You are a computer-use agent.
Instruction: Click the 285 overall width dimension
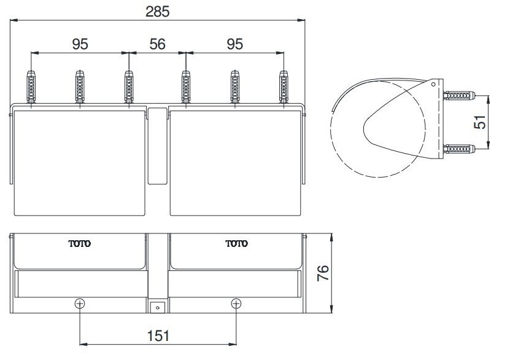click(158, 10)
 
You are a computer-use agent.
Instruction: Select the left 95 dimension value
click(80, 44)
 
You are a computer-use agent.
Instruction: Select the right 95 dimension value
click(234, 44)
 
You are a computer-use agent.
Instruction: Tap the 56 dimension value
click(158, 44)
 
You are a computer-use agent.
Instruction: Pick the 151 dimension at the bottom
click(158, 336)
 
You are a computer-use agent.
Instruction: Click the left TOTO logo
click(80, 244)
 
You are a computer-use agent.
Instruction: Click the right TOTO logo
click(236, 244)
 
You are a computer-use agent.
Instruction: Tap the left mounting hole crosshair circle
click(80, 303)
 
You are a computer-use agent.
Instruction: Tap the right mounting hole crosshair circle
click(236, 303)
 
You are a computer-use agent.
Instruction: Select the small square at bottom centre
click(158, 305)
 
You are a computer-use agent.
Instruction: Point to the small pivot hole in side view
click(433, 84)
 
